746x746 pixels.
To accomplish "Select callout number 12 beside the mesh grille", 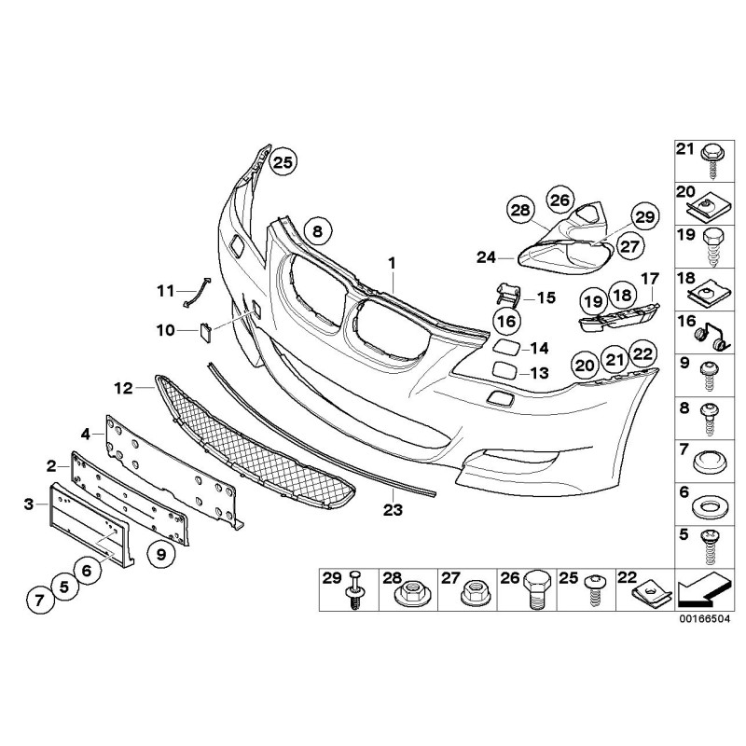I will (x=122, y=385).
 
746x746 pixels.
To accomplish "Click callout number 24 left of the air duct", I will (x=487, y=256).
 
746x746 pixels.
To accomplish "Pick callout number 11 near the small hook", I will (x=165, y=290).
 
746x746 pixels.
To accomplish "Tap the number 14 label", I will (x=539, y=349).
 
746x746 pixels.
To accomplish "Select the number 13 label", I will (x=539, y=373).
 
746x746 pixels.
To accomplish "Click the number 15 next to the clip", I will (x=546, y=298).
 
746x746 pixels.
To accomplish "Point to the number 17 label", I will (x=649, y=277).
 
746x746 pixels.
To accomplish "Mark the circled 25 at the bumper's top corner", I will (x=283, y=161).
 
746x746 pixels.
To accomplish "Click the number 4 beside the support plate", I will (x=86, y=434).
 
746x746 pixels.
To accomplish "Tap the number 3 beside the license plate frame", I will (x=29, y=504).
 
